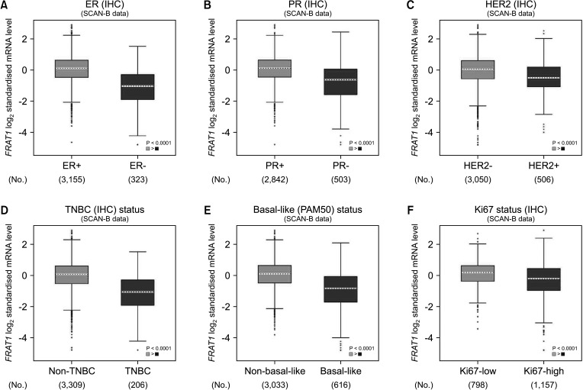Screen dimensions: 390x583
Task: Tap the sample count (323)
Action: click(137, 180)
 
